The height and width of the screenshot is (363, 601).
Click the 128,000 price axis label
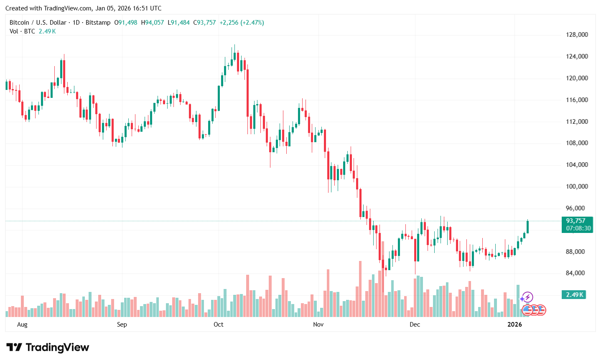pyautogui.click(x=577, y=35)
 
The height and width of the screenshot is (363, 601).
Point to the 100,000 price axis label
pyautogui.click(x=577, y=187)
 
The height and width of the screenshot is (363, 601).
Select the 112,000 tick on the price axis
pyautogui.click(x=577, y=122)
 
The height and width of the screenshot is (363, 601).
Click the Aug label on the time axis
pyautogui.click(x=22, y=325)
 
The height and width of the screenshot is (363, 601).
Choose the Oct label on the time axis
pyautogui.click(x=218, y=325)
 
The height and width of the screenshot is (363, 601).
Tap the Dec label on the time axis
pyautogui.click(x=415, y=325)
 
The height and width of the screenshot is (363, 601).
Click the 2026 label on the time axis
pyautogui.click(x=514, y=325)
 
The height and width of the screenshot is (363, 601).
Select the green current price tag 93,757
pyautogui.click(x=576, y=221)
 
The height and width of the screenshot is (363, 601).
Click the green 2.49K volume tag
pyautogui.click(x=574, y=295)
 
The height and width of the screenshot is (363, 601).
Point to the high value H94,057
pyautogui.click(x=153, y=23)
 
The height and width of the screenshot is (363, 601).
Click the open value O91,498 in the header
pyautogui.click(x=126, y=23)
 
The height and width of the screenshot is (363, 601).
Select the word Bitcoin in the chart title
pyautogui.click(x=19, y=23)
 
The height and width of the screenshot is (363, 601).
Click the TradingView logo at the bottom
pyautogui.click(x=48, y=348)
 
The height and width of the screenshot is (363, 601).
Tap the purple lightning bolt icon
pyautogui.click(x=527, y=297)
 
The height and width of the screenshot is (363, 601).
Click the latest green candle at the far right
pyautogui.click(x=527, y=227)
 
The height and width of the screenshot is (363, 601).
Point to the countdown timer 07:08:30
pyautogui.click(x=578, y=228)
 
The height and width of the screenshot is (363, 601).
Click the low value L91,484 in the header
pyautogui.click(x=178, y=23)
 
